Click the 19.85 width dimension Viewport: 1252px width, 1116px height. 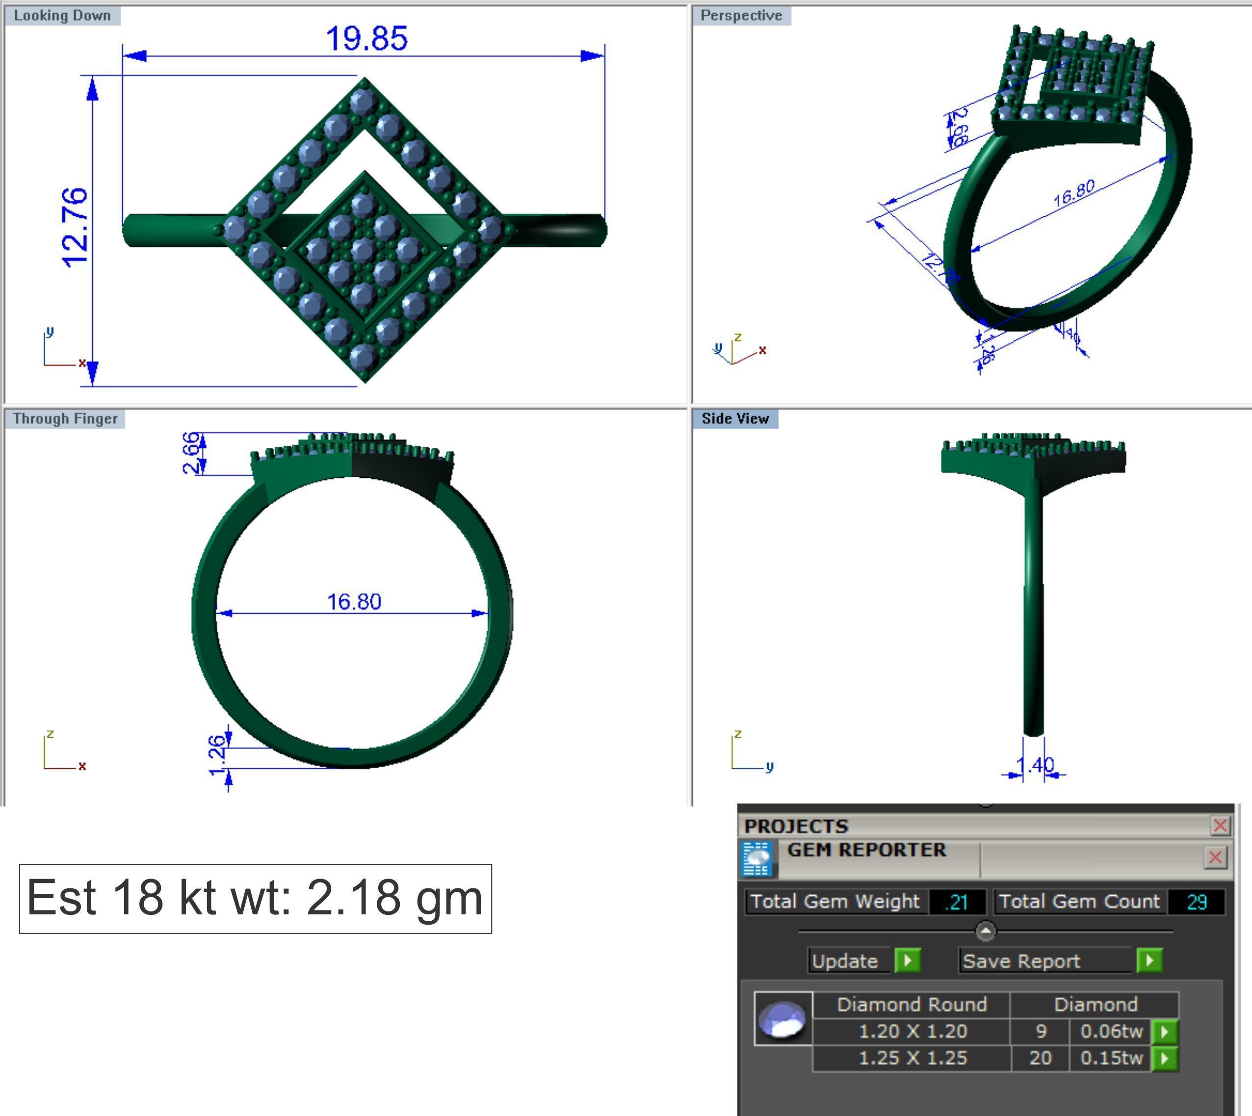(x=366, y=39)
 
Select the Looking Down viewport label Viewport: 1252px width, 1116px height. (x=62, y=15)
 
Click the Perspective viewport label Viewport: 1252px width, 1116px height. (x=741, y=15)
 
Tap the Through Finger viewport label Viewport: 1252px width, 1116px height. (x=65, y=419)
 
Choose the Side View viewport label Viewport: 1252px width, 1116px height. (x=734, y=419)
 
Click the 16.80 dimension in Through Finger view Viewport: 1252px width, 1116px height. (x=354, y=601)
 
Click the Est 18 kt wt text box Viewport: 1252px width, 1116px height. (x=255, y=898)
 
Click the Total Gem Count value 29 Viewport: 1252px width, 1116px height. (x=1196, y=902)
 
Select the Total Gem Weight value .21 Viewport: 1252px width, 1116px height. (x=957, y=902)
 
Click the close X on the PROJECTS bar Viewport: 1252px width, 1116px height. (x=1220, y=826)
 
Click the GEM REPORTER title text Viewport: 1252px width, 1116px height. (x=866, y=850)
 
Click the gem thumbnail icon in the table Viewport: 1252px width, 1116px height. (x=783, y=1018)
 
